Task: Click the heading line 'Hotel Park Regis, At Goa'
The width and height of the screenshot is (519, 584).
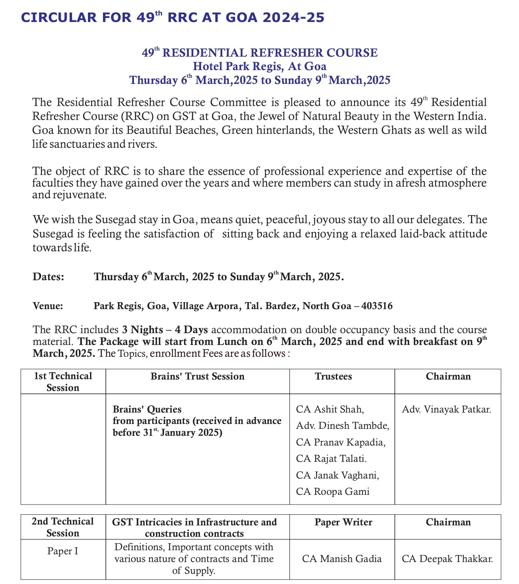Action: [259, 66]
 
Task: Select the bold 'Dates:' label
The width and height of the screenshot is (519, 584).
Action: [48, 277]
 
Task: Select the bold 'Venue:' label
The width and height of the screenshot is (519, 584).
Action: [48, 306]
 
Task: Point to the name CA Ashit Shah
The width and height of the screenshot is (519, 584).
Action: [330, 409]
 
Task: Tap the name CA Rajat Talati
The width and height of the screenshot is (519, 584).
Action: [331, 459]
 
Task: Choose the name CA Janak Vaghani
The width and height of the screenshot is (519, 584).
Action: [337, 475]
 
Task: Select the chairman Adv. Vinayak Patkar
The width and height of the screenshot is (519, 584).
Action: [447, 409]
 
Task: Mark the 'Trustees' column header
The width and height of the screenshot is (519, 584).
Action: [333, 376]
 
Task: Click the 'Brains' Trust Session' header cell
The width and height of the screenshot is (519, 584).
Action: [197, 376]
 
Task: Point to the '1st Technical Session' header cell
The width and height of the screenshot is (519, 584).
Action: [63, 382]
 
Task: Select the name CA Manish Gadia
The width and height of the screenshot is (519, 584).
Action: [342, 559]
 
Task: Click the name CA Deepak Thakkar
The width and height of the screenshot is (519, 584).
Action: [447, 559]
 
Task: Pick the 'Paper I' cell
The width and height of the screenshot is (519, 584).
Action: [63, 551]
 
